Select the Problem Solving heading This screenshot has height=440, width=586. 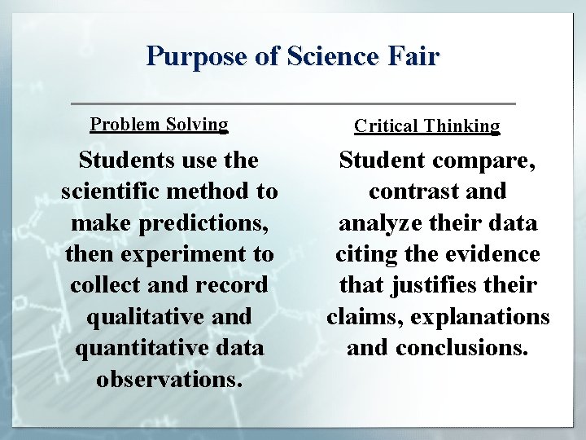pos(159,125)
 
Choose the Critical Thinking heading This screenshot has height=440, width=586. pos(427,126)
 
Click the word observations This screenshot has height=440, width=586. pos(168,379)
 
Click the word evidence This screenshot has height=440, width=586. pos(496,254)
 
